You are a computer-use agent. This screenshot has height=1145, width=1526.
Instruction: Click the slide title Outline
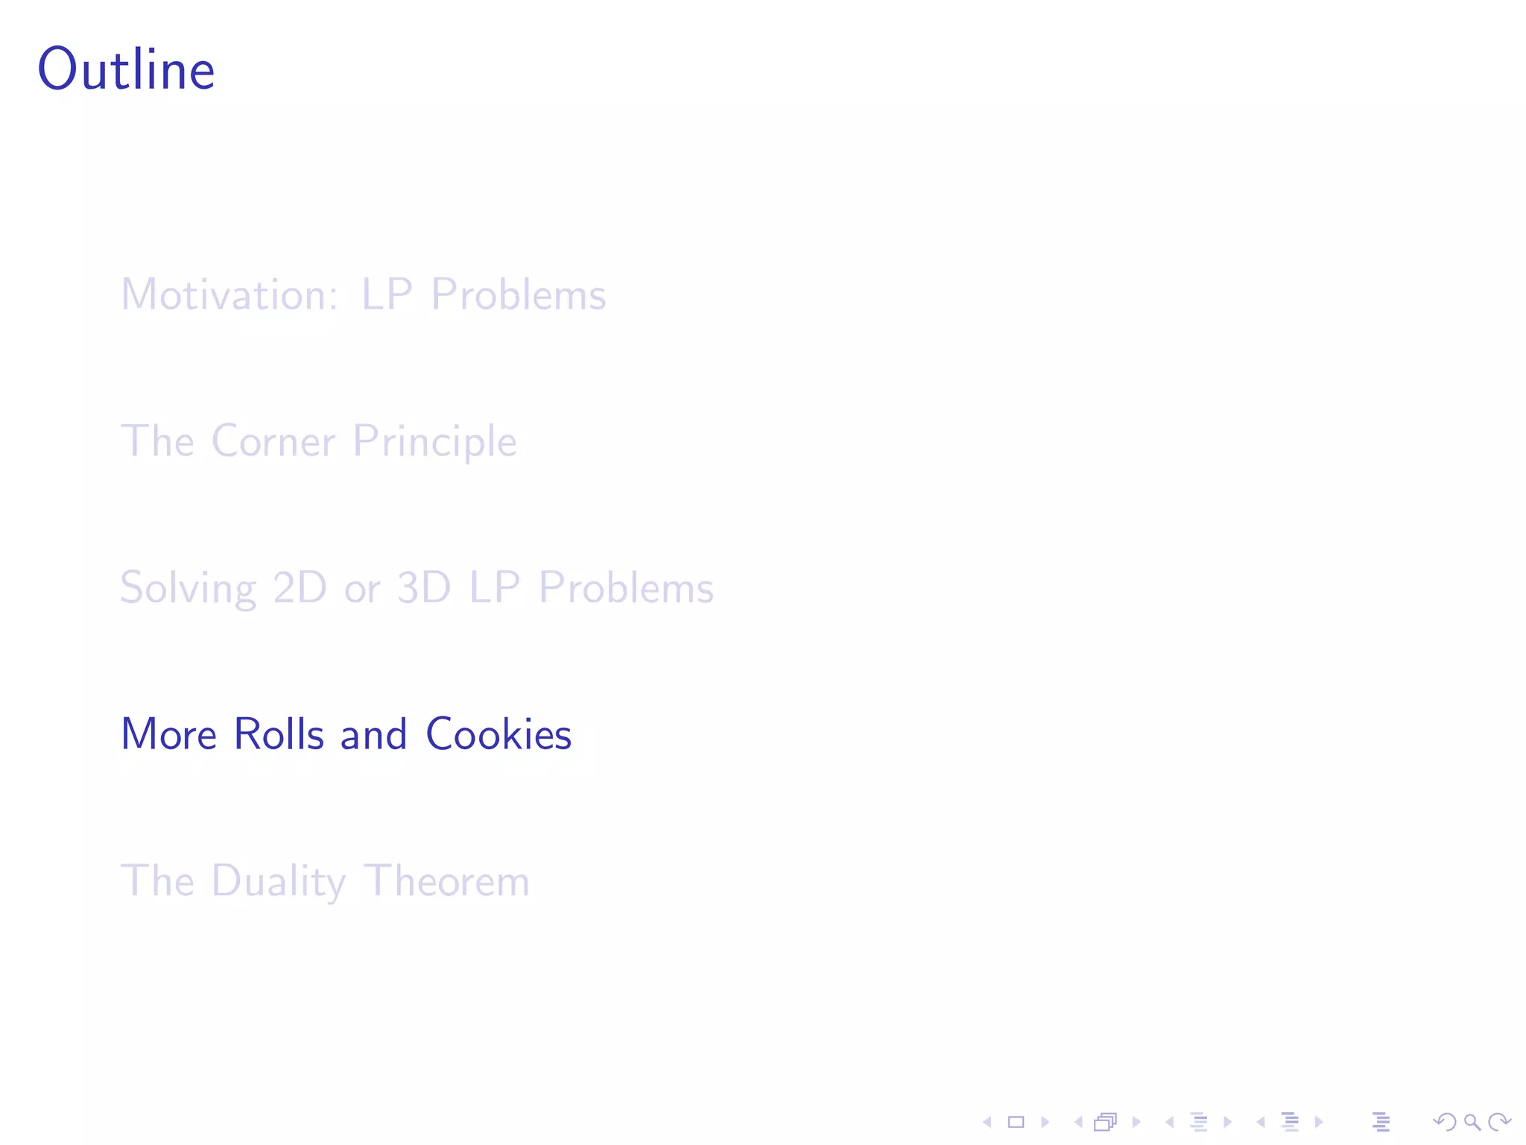pyautogui.click(x=126, y=69)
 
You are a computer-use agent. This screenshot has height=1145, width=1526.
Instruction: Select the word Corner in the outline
pyautogui.click(x=273, y=441)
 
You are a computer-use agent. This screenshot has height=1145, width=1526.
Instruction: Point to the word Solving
pyautogui.click(x=188, y=588)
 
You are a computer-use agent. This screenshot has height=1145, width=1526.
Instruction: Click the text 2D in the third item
pyautogui.click(x=300, y=588)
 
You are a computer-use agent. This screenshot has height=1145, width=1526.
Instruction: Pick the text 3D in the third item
pyautogui.click(x=424, y=588)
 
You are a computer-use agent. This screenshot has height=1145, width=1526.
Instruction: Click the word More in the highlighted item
pyautogui.click(x=168, y=734)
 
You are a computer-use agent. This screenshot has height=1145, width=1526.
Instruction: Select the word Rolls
pyautogui.click(x=279, y=734)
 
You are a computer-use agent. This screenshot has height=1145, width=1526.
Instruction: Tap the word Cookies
pyautogui.click(x=498, y=734)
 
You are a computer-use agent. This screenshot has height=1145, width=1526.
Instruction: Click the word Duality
pyautogui.click(x=279, y=881)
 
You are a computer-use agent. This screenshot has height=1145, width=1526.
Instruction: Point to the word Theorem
pyautogui.click(x=447, y=881)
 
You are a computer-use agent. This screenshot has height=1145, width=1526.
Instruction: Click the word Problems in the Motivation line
pyautogui.click(x=519, y=294)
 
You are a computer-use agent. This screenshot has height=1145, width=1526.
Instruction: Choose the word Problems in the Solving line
pyautogui.click(x=626, y=588)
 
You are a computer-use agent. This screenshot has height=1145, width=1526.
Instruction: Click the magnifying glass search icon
pyautogui.click(x=1472, y=1122)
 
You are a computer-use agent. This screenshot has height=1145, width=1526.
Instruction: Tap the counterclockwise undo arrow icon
pyautogui.click(x=1444, y=1122)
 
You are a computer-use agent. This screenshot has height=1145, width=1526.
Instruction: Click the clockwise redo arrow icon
pyautogui.click(x=1499, y=1122)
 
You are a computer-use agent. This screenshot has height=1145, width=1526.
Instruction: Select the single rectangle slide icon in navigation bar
pyautogui.click(x=1016, y=1122)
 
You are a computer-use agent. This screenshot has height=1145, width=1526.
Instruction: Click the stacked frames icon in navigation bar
pyautogui.click(x=1106, y=1122)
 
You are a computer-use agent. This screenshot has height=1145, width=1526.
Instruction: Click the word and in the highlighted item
pyautogui.click(x=373, y=734)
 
